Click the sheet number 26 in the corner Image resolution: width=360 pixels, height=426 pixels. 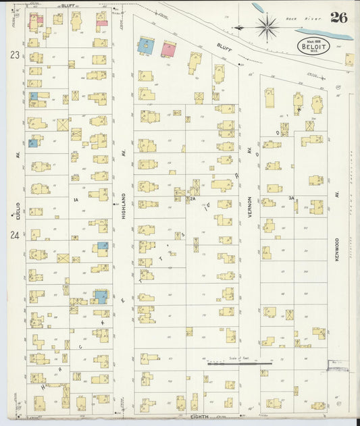pos(339,18)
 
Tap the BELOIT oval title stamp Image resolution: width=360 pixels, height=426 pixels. pos(313,47)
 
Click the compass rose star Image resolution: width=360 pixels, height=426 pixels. pos(267,27)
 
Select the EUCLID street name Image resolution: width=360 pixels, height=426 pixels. pos(18,206)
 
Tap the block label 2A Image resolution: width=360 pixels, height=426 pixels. pos(192,199)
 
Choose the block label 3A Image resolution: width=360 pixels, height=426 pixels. pos(291,198)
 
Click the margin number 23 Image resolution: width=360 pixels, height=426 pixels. pos(14,56)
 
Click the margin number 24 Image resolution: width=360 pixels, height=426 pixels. pos(14,235)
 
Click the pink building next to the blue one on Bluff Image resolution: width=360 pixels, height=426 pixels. pos(168,49)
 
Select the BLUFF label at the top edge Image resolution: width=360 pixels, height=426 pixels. pos(68,5)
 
